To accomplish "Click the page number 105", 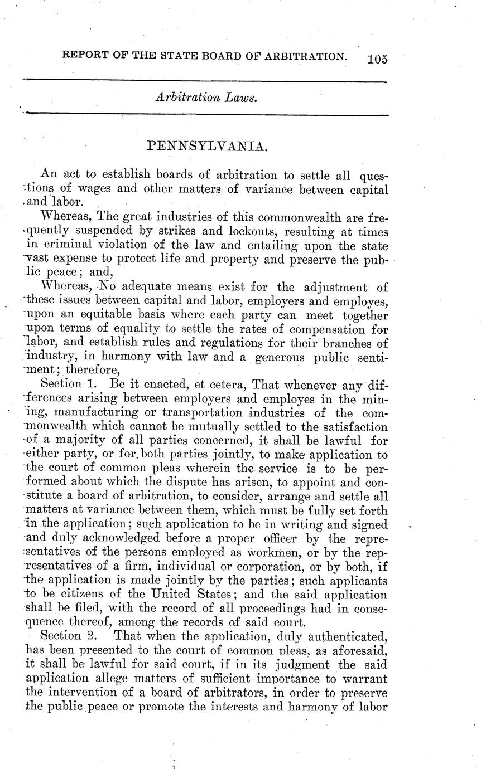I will pyautogui.click(x=377, y=59).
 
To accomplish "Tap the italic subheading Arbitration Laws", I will pyautogui.click(x=205, y=98).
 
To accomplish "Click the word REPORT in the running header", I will pyautogui.click(x=85, y=56).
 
